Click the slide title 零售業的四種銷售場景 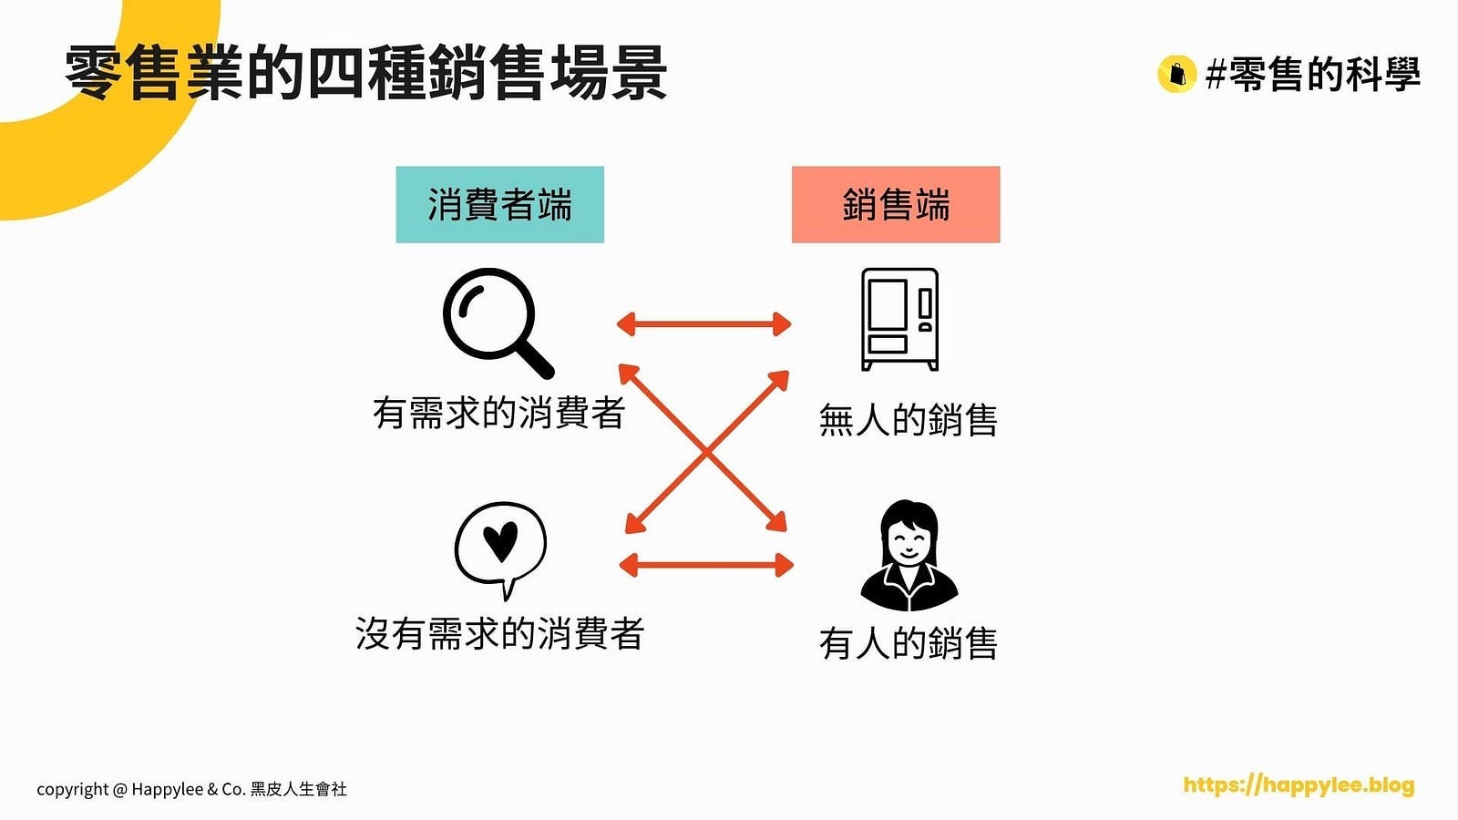pyautogui.click(x=366, y=73)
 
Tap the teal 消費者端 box pyautogui.click(x=499, y=204)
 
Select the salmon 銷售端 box pyautogui.click(x=895, y=204)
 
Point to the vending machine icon pyautogui.click(x=899, y=319)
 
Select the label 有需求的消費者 pyautogui.click(x=498, y=413)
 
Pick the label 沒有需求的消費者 pyautogui.click(x=499, y=633)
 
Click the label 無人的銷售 pyautogui.click(x=908, y=420)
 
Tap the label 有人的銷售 pyautogui.click(x=908, y=643)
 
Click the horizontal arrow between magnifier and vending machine pyautogui.click(x=703, y=323)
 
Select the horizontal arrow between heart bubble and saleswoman pyautogui.click(x=705, y=565)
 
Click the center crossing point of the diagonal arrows pyautogui.click(x=705, y=450)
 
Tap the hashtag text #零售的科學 pyautogui.click(x=1312, y=74)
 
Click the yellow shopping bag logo pyautogui.click(x=1176, y=74)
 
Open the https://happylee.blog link pyautogui.click(x=1299, y=785)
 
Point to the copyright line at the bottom pyautogui.click(x=191, y=789)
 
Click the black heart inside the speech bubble pyautogui.click(x=500, y=540)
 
